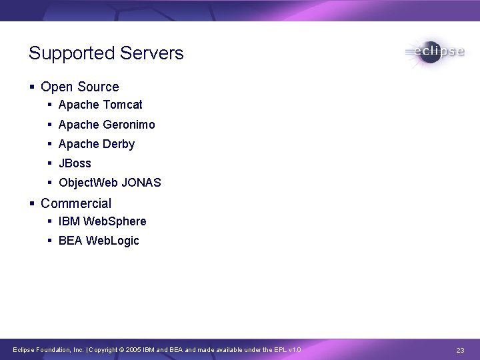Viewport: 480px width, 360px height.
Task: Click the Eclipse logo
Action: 434,52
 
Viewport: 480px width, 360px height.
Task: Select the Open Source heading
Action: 79,87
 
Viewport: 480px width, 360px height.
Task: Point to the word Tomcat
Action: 123,105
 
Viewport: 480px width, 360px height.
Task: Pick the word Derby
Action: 119,144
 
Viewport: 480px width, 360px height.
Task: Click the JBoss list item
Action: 75,163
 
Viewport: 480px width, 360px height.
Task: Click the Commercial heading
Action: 76,203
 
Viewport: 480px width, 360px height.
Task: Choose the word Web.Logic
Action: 113,241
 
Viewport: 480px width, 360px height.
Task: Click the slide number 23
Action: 460,350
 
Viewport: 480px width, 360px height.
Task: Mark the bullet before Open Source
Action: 32,87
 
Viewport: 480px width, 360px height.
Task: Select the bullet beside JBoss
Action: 51,163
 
